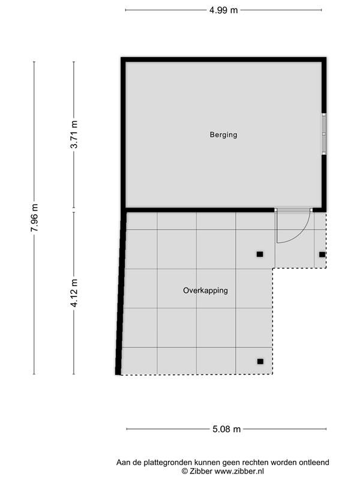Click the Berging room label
(223, 134)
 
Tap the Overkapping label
(205, 290)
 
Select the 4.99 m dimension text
(223, 10)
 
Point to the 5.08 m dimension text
(227, 429)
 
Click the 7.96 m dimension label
(34, 218)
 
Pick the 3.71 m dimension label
(74, 134)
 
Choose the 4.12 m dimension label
(74, 293)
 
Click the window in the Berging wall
(324, 134)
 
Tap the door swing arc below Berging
(300, 235)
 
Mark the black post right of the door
(322, 254)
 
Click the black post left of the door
(260, 254)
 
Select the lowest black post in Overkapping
(260, 362)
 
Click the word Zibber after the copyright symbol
(200, 472)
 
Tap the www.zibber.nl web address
(239, 472)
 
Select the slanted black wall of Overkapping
(121, 292)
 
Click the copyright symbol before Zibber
(185, 472)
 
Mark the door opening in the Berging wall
(293, 210)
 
